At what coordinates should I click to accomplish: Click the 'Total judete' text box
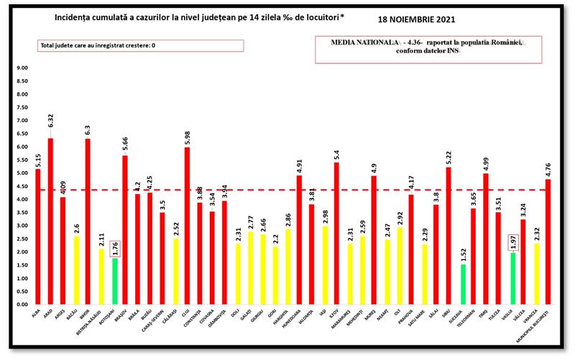click(141, 45)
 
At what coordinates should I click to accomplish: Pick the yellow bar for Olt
click(397, 266)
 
